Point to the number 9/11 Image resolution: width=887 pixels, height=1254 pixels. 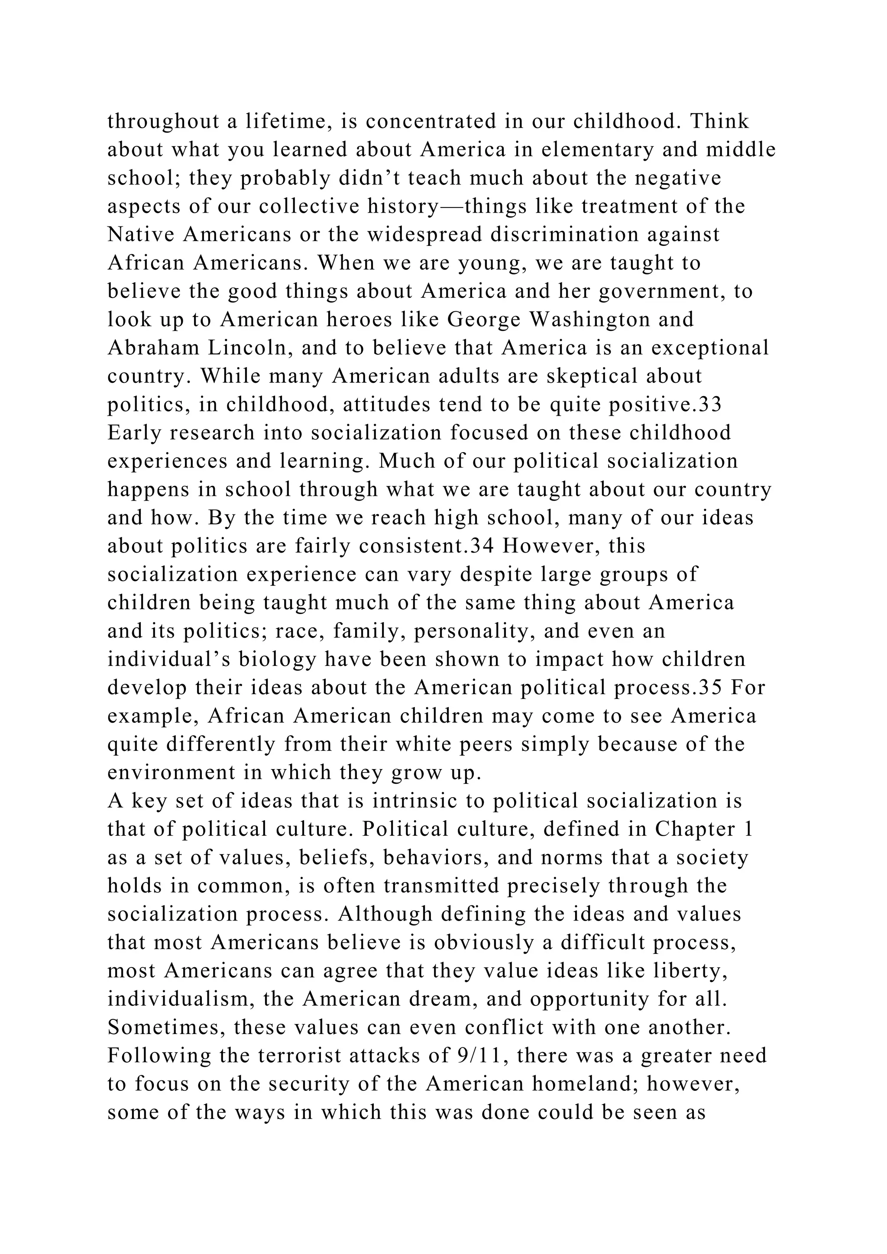[x=477, y=1056]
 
